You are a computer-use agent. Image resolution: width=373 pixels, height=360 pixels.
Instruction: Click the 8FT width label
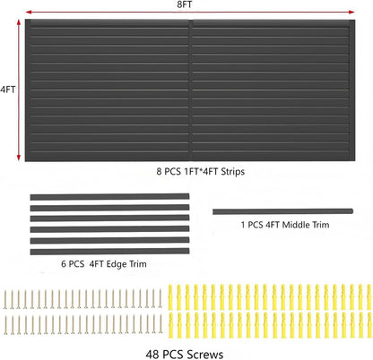[x=185, y=4]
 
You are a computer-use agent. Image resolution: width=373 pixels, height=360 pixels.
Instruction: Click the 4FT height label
[x=7, y=90]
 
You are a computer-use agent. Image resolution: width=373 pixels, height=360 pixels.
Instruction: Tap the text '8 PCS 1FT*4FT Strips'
[x=201, y=172]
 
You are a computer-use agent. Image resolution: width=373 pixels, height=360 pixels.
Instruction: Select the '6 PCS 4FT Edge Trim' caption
[x=104, y=264]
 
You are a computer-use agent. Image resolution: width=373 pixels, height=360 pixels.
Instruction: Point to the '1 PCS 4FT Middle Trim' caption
[x=285, y=225]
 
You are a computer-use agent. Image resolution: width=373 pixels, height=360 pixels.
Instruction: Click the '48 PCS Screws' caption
[x=185, y=355]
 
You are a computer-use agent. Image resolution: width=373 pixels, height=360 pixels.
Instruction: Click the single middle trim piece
[x=282, y=211]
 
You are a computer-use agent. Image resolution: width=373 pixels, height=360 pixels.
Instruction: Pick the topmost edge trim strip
[x=109, y=197]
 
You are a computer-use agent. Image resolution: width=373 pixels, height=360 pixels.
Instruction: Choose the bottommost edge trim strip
[x=109, y=252]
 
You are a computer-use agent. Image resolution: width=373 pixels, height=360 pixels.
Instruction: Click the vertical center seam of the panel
[x=190, y=90]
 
